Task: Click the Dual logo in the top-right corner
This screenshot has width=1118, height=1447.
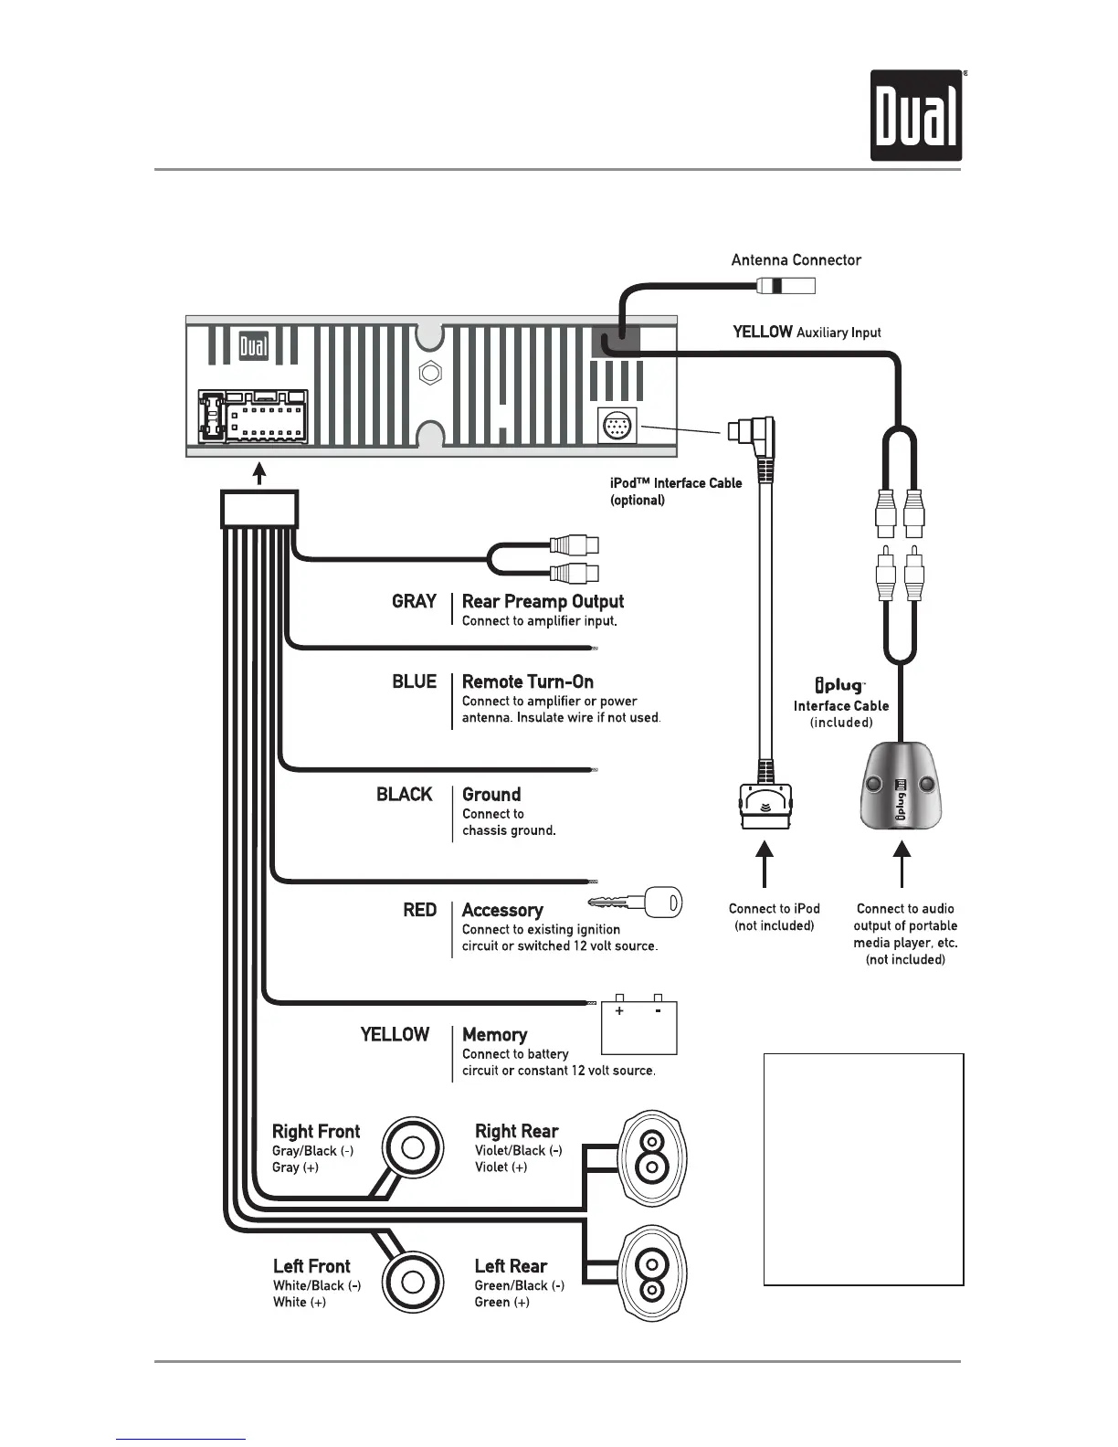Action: point(916,116)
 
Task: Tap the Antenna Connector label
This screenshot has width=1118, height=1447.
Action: point(796,260)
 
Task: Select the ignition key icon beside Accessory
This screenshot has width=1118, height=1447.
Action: point(637,903)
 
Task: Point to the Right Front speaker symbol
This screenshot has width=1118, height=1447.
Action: point(413,1147)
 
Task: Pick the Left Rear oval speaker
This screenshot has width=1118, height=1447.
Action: point(652,1276)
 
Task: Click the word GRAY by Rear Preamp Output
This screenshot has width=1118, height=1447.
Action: point(414,602)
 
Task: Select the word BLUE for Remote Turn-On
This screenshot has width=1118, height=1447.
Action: point(414,682)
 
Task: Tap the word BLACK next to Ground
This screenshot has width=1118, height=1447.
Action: point(404,795)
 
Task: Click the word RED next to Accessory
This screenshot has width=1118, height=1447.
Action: point(419,911)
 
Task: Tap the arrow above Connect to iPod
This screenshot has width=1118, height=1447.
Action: point(765,864)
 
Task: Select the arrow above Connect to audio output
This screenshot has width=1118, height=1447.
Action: point(902,864)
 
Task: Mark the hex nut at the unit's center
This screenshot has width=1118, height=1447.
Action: point(430,374)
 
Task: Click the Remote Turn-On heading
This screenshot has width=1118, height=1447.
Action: point(528,682)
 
